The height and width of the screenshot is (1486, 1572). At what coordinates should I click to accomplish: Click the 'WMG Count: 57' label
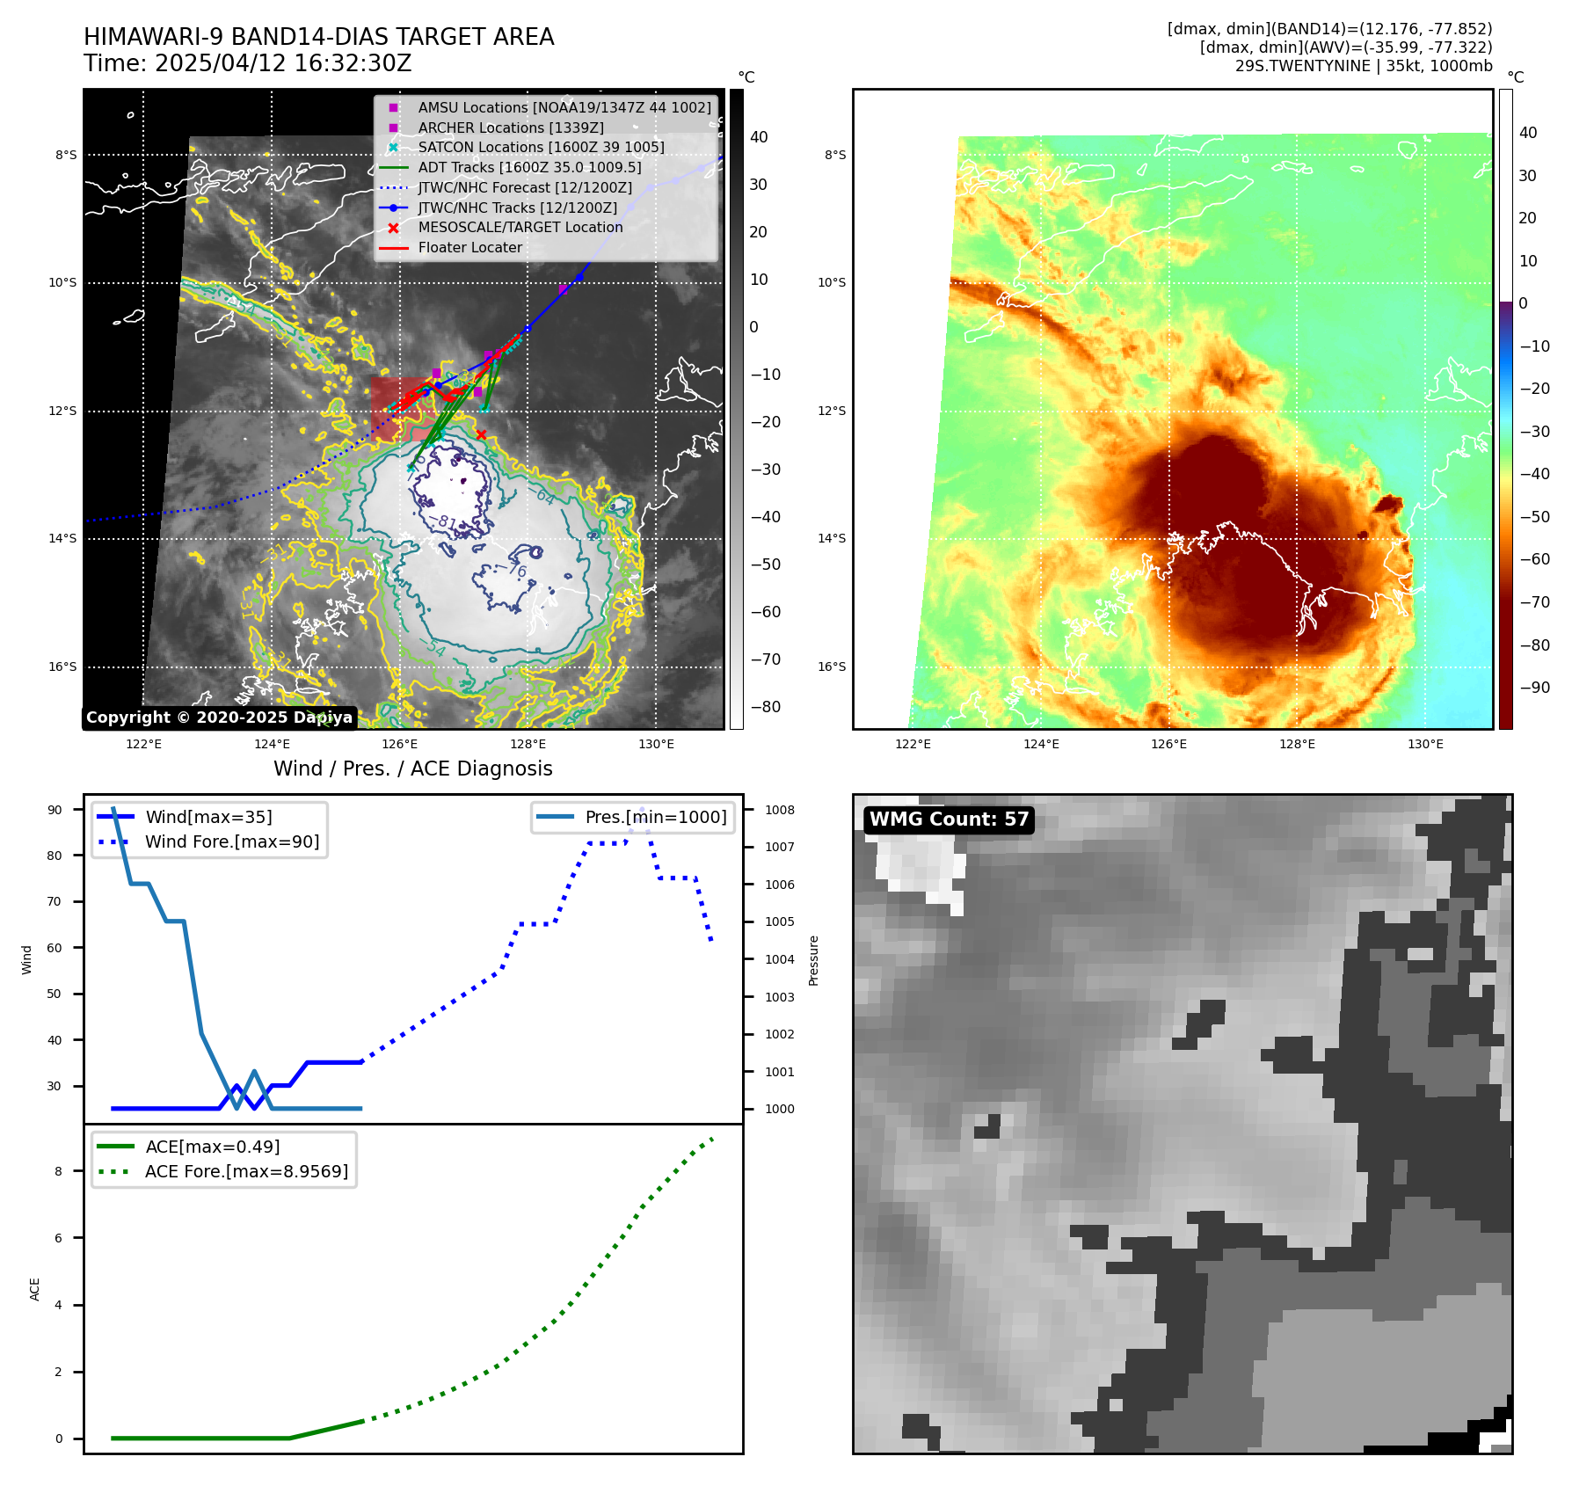(949, 819)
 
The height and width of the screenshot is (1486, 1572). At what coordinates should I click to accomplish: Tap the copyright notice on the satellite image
(219, 718)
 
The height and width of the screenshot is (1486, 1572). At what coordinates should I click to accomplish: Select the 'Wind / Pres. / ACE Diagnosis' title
(412, 768)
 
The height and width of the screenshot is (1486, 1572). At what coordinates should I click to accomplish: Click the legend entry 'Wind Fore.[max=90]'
(232, 841)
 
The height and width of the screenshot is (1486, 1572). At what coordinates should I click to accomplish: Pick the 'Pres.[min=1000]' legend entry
(656, 817)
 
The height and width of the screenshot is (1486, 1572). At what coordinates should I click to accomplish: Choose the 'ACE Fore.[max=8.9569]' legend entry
(246, 1171)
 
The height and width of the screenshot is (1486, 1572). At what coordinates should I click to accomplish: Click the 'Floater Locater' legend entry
(469, 247)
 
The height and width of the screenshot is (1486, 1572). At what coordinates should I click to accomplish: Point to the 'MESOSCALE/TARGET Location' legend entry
(520, 227)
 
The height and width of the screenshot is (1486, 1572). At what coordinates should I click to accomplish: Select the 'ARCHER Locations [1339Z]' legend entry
(510, 127)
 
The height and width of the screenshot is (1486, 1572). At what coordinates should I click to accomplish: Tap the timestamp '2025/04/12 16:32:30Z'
(283, 63)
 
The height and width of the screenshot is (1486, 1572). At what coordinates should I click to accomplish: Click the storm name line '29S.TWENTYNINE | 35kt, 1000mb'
(1363, 66)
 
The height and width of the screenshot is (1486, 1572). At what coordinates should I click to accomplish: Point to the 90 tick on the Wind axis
(55, 810)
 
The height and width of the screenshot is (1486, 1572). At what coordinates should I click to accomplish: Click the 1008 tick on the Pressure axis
(779, 810)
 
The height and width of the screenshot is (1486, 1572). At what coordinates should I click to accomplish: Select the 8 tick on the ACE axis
(59, 1171)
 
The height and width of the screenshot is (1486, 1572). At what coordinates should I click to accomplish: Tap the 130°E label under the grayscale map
(656, 744)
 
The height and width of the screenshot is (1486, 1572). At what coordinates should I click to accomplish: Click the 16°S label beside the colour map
(832, 667)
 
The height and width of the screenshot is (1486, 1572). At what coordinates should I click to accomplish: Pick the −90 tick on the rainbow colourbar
(1534, 688)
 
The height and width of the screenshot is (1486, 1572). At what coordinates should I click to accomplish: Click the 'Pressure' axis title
(813, 960)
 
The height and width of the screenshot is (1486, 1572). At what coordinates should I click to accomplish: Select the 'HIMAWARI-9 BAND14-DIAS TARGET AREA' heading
(318, 37)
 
